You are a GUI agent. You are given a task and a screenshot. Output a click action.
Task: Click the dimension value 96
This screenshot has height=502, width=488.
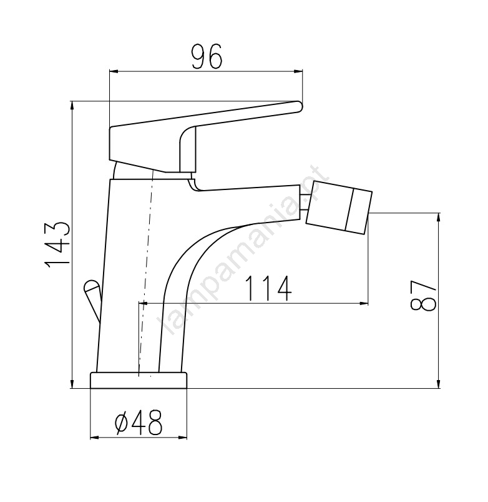207,57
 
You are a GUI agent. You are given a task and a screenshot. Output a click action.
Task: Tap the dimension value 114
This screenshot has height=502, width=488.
268,289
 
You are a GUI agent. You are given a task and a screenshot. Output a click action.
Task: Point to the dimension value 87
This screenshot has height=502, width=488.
423,296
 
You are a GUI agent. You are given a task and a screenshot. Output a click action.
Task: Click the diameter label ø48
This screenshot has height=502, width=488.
139,422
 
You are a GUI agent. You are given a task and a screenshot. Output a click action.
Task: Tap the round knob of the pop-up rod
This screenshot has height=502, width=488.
92,286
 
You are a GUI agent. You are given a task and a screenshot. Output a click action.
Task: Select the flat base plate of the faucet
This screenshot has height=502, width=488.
139,380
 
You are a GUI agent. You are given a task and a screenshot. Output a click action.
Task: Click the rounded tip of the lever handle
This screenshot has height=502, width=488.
298,106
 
